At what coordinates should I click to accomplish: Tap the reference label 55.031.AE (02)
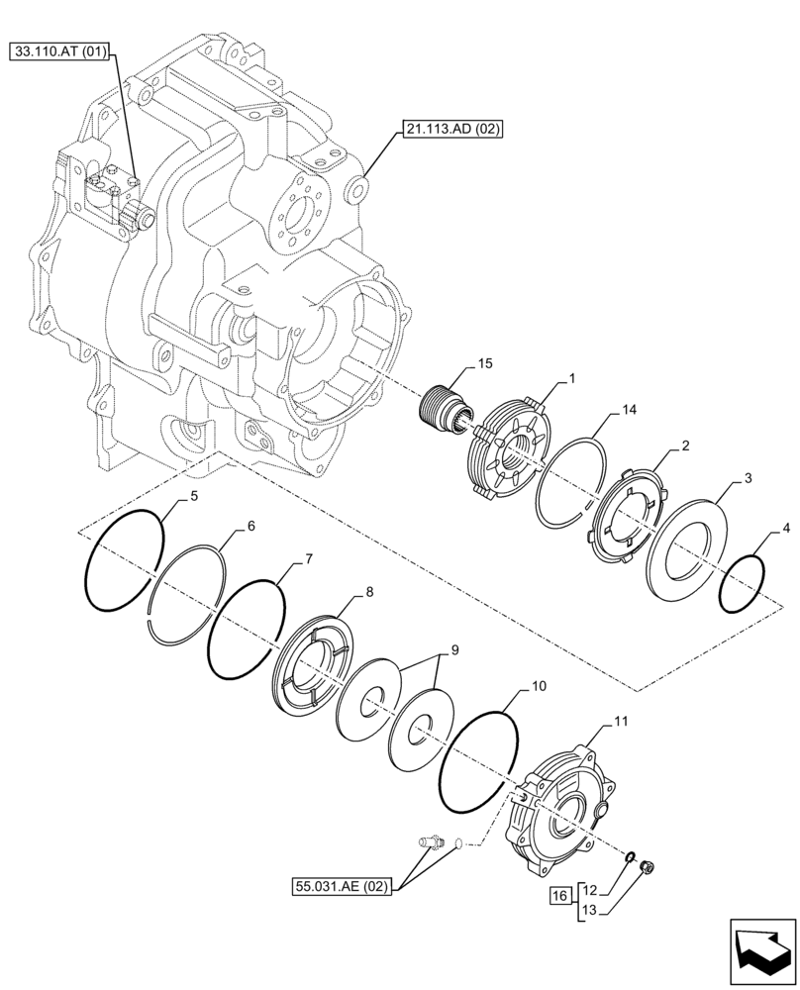(x=341, y=886)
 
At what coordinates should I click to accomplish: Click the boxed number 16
(x=559, y=896)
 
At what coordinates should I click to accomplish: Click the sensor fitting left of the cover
(x=429, y=842)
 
